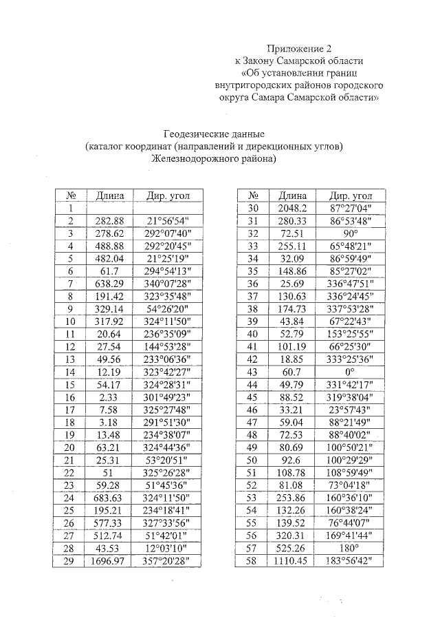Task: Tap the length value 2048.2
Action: (x=291, y=207)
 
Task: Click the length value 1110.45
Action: (x=291, y=561)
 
